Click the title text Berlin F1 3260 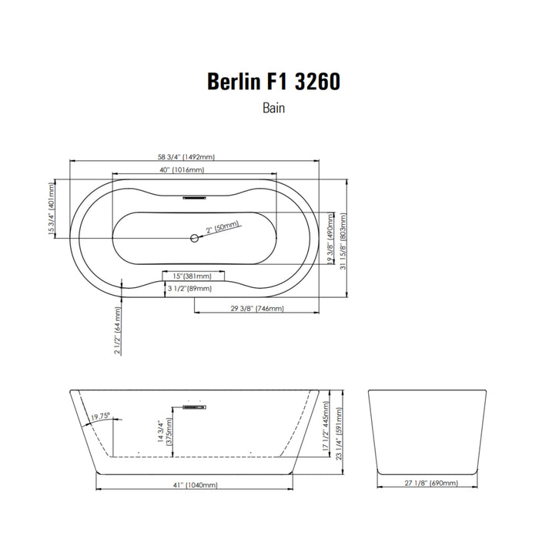[x=273, y=82]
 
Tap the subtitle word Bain [x=273, y=108]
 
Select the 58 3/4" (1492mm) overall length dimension [x=186, y=157]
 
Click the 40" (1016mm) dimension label [x=182, y=170]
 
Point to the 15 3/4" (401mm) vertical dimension [x=52, y=209]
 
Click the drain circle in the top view [x=195, y=237]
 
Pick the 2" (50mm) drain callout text [x=223, y=227]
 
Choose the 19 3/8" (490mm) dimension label [x=330, y=238]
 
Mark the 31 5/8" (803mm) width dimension [x=343, y=241]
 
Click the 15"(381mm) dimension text [x=192, y=276]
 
